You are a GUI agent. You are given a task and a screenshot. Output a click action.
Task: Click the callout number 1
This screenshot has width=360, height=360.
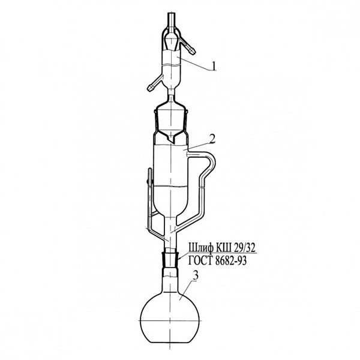[214, 66]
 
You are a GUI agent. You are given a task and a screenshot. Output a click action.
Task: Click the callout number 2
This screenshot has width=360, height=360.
[212, 139]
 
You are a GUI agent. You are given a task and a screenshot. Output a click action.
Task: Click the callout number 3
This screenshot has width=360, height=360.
[196, 275]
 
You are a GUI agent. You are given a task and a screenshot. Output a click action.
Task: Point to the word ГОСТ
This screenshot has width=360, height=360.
[200, 261]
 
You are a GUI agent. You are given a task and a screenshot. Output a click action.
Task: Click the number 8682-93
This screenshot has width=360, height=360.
[231, 261]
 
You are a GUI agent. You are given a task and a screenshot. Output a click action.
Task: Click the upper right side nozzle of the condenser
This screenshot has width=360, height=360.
[187, 47]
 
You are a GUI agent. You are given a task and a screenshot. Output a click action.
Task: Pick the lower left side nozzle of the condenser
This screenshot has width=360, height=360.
[155, 83]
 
